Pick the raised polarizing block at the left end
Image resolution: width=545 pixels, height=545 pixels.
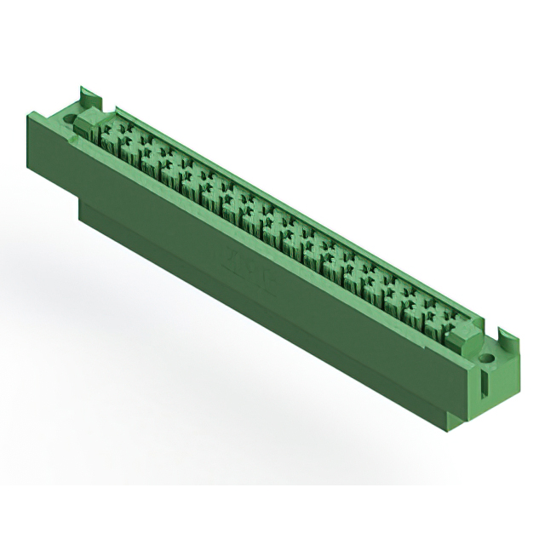(x=85, y=128)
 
